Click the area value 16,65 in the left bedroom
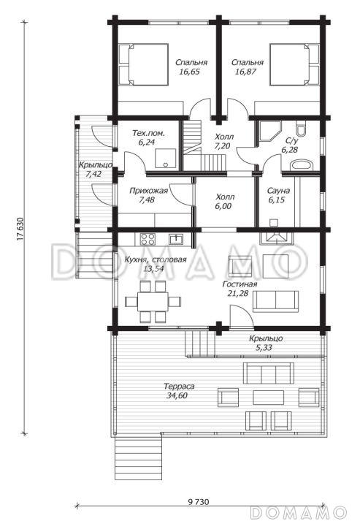[x=189, y=71]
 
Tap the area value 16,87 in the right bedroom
[x=245, y=71]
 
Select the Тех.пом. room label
[x=148, y=133]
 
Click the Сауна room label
[x=278, y=191]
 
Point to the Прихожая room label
[x=148, y=191]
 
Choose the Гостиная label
[x=240, y=284]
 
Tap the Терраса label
[x=179, y=387]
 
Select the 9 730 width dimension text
[x=198, y=502]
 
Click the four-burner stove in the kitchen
[x=148, y=239]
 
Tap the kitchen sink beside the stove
[x=176, y=239]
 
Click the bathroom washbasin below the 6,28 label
[x=302, y=165]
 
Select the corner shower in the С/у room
[x=270, y=132]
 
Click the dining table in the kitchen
[x=153, y=301]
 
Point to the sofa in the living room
[x=275, y=301]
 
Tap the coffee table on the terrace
[x=269, y=398]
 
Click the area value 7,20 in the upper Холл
[x=223, y=147]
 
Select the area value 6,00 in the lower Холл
[x=223, y=207]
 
